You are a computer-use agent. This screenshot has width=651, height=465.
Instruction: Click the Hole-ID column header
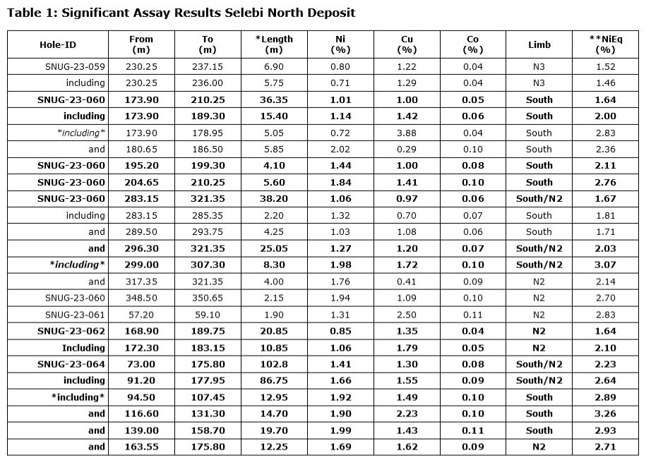coord(57,44)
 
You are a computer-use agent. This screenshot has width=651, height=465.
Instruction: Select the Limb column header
coord(539,44)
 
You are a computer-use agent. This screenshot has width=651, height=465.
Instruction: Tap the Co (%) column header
coord(472,44)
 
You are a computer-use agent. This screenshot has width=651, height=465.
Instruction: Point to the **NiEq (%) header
coord(605,44)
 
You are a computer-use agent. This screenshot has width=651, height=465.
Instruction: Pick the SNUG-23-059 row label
coord(75,66)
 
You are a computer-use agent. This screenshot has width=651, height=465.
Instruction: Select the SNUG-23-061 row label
coord(75,315)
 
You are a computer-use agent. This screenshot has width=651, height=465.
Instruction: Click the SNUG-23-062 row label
coord(71,331)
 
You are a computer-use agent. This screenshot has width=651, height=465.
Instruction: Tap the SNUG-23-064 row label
coord(71,364)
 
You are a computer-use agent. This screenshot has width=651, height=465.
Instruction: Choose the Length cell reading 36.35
coord(273,99)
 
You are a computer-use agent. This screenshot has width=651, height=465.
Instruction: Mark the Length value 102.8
coord(273,364)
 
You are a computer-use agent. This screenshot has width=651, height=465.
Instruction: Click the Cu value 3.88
coord(407,133)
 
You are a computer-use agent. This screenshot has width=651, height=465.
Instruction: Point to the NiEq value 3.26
coord(605,413)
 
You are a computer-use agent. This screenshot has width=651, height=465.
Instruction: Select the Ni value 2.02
coord(340,149)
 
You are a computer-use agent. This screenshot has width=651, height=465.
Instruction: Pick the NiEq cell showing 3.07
coord(605,265)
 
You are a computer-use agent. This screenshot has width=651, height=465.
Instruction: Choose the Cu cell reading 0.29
coord(407,149)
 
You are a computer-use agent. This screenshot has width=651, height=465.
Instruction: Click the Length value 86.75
coord(273,380)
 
